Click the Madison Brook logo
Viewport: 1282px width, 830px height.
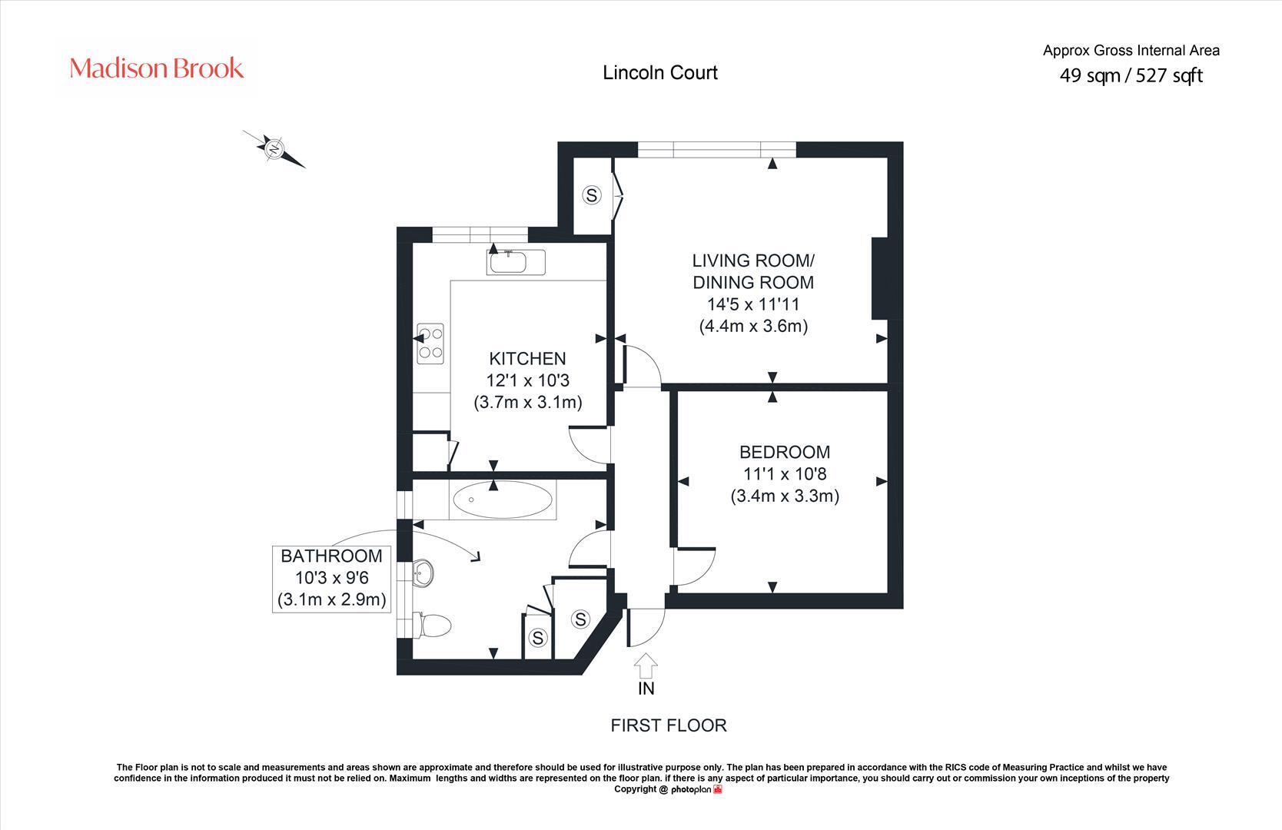[157, 68]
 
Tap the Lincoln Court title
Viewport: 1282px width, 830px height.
[660, 72]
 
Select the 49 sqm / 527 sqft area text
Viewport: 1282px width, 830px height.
[1131, 75]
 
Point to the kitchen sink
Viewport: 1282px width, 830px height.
[516, 263]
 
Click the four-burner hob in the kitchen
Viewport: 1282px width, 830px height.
[430, 344]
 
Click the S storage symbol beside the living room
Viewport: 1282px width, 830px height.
[591, 195]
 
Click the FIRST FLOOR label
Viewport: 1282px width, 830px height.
[668, 725]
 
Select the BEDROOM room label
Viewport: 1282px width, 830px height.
[784, 452]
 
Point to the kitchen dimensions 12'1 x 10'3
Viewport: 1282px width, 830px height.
[527, 380]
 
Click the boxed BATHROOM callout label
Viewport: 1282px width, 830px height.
[331, 578]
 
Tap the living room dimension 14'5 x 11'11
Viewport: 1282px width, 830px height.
[752, 304]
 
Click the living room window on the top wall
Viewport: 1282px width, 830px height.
[717, 149]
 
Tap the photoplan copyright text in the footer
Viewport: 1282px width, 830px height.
[668, 789]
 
